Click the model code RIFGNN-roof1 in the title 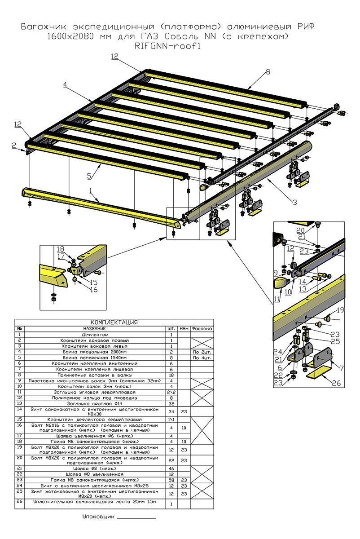click(x=168, y=45)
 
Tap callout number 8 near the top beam click(x=268, y=71)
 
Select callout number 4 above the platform click(x=65, y=84)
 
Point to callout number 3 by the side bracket click(x=294, y=203)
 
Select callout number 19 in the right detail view click(x=341, y=310)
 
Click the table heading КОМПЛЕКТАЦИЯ click(x=114, y=322)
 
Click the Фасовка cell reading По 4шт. click(x=202, y=358)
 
